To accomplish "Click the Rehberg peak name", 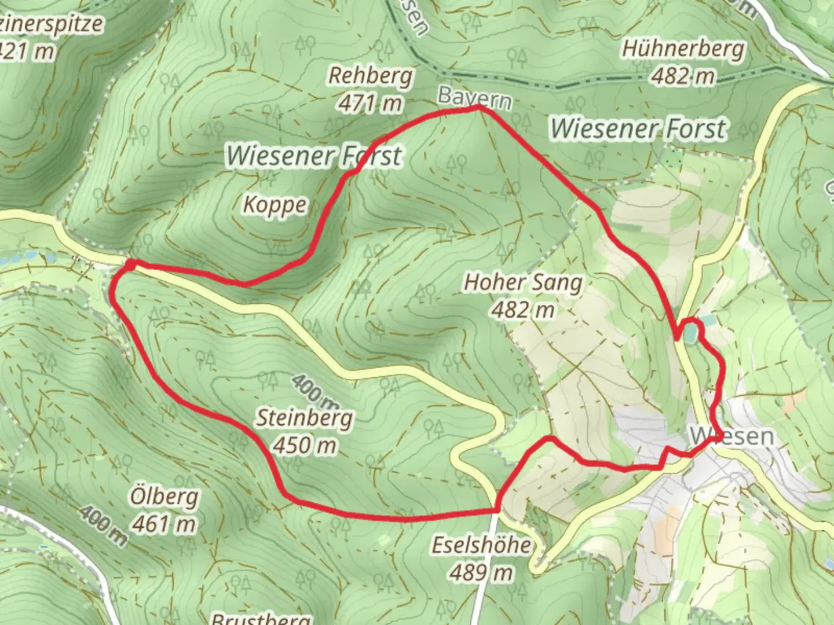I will [371, 76].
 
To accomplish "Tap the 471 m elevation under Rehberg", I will [371, 104].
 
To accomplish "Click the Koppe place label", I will [275, 205].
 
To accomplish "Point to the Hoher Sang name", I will [523, 283].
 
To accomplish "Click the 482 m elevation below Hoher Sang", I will [523, 310].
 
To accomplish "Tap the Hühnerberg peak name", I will [683, 49].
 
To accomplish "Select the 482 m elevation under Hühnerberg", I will [683, 76].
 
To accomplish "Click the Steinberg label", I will [304, 417].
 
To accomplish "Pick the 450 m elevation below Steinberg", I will [304, 445].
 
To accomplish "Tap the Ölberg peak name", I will [164, 497].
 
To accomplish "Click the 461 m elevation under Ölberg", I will [164, 524].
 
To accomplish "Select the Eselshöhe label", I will [481, 545].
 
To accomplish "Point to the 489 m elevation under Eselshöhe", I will [481, 572].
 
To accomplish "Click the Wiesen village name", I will [732, 436].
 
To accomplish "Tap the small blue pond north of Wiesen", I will [690, 333].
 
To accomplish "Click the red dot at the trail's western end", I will [130, 264].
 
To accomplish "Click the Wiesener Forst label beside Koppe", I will [314, 156].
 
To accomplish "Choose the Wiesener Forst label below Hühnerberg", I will [638, 128].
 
